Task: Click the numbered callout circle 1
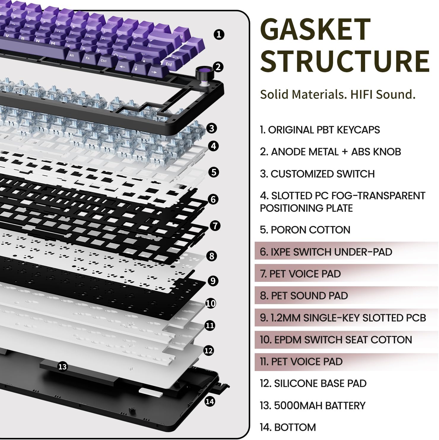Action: (219, 34)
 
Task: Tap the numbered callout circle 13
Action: (62, 367)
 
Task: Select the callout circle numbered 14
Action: (210, 402)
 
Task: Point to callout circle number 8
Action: (212, 256)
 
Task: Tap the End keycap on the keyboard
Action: (169, 64)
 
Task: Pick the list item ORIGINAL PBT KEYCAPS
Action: (320, 130)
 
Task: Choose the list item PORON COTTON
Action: (305, 230)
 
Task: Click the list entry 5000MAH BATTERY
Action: (312, 406)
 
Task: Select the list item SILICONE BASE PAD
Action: (313, 384)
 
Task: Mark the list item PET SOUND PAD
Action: (304, 296)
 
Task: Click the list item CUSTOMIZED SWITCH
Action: (317, 174)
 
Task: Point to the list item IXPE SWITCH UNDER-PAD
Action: (326, 252)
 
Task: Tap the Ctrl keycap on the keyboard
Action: (104, 61)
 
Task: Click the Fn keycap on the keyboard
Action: (88, 58)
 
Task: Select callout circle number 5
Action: (214, 172)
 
